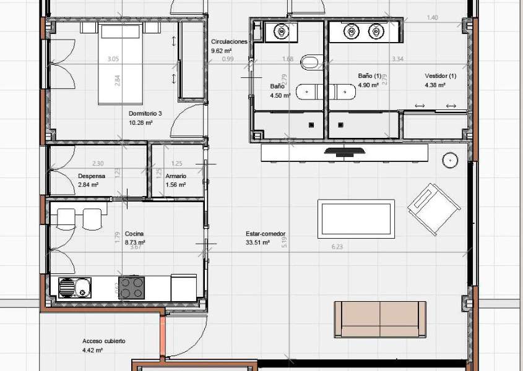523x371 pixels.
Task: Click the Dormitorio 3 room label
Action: coord(145,114)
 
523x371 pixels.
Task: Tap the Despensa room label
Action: coord(92,176)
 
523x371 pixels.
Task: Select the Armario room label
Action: coord(176,176)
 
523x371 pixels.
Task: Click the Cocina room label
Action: coord(135,234)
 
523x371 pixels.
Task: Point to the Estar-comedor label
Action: coord(266,234)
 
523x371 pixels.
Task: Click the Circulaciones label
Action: coord(229,41)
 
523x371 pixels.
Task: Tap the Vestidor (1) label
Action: coord(440,76)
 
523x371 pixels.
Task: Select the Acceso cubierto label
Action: coord(104,341)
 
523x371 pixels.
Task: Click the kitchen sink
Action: coord(74,288)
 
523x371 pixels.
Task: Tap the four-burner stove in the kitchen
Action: coord(132,288)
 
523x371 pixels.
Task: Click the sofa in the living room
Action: coord(380,320)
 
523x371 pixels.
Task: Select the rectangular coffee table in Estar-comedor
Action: coord(356,218)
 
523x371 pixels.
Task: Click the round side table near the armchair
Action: coord(450,160)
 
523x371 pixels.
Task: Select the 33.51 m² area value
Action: coord(257,243)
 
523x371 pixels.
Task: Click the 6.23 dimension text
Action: coord(337,247)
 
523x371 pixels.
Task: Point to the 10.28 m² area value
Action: coord(140,122)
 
